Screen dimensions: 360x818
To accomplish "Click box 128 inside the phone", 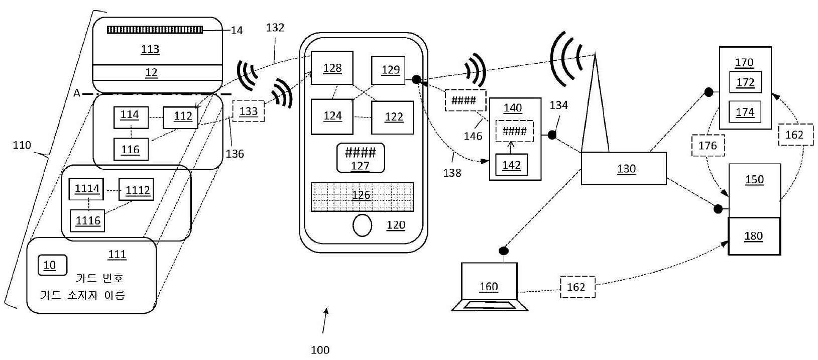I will point(332,68).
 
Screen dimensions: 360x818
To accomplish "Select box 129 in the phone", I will point(388,70).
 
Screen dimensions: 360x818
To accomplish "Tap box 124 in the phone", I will point(331,117).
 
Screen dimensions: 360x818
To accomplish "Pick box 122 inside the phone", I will point(392,117).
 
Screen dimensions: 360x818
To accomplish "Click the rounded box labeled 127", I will point(361,158).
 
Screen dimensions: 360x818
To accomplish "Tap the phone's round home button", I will point(363,225).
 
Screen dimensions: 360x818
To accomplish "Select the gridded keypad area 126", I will point(362,197).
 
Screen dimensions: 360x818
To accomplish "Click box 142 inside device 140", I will point(511,165).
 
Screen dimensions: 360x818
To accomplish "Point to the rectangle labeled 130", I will point(624,169).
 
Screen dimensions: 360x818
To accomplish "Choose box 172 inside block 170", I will point(745,82).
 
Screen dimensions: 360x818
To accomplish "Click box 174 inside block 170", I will point(745,112).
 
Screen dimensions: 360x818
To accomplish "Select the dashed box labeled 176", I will point(708,146).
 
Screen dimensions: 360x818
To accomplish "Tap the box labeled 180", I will point(754,236).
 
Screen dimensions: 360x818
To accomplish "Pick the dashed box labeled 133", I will point(249,111).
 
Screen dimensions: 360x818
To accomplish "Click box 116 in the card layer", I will point(131,149).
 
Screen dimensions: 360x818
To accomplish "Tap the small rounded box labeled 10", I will point(52,265).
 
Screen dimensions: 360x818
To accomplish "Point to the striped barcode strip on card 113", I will point(155,30).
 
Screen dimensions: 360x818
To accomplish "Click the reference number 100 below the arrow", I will point(320,350).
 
